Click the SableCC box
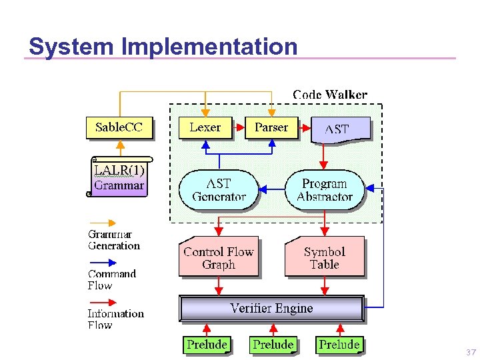(x=119, y=127)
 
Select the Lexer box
(x=205, y=127)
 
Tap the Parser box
(x=271, y=127)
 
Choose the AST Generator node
(x=219, y=190)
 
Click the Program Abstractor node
(x=325, y=190)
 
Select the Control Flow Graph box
(x=219, y=257)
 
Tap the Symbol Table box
(x=325, y=257)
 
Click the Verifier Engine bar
(x=271, y=309)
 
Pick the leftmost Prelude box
(x=207, y=345)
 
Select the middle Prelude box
(x=273, y=345)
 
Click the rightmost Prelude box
(x=339, y=345)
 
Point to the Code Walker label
(x=330, y=95)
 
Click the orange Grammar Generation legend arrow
(x=102, y=223)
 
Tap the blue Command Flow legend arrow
(x=102, y=263)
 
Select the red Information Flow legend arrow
(x=102, y=302)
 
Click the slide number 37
(x=471, y=352)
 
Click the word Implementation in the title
(x=210, y=47)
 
